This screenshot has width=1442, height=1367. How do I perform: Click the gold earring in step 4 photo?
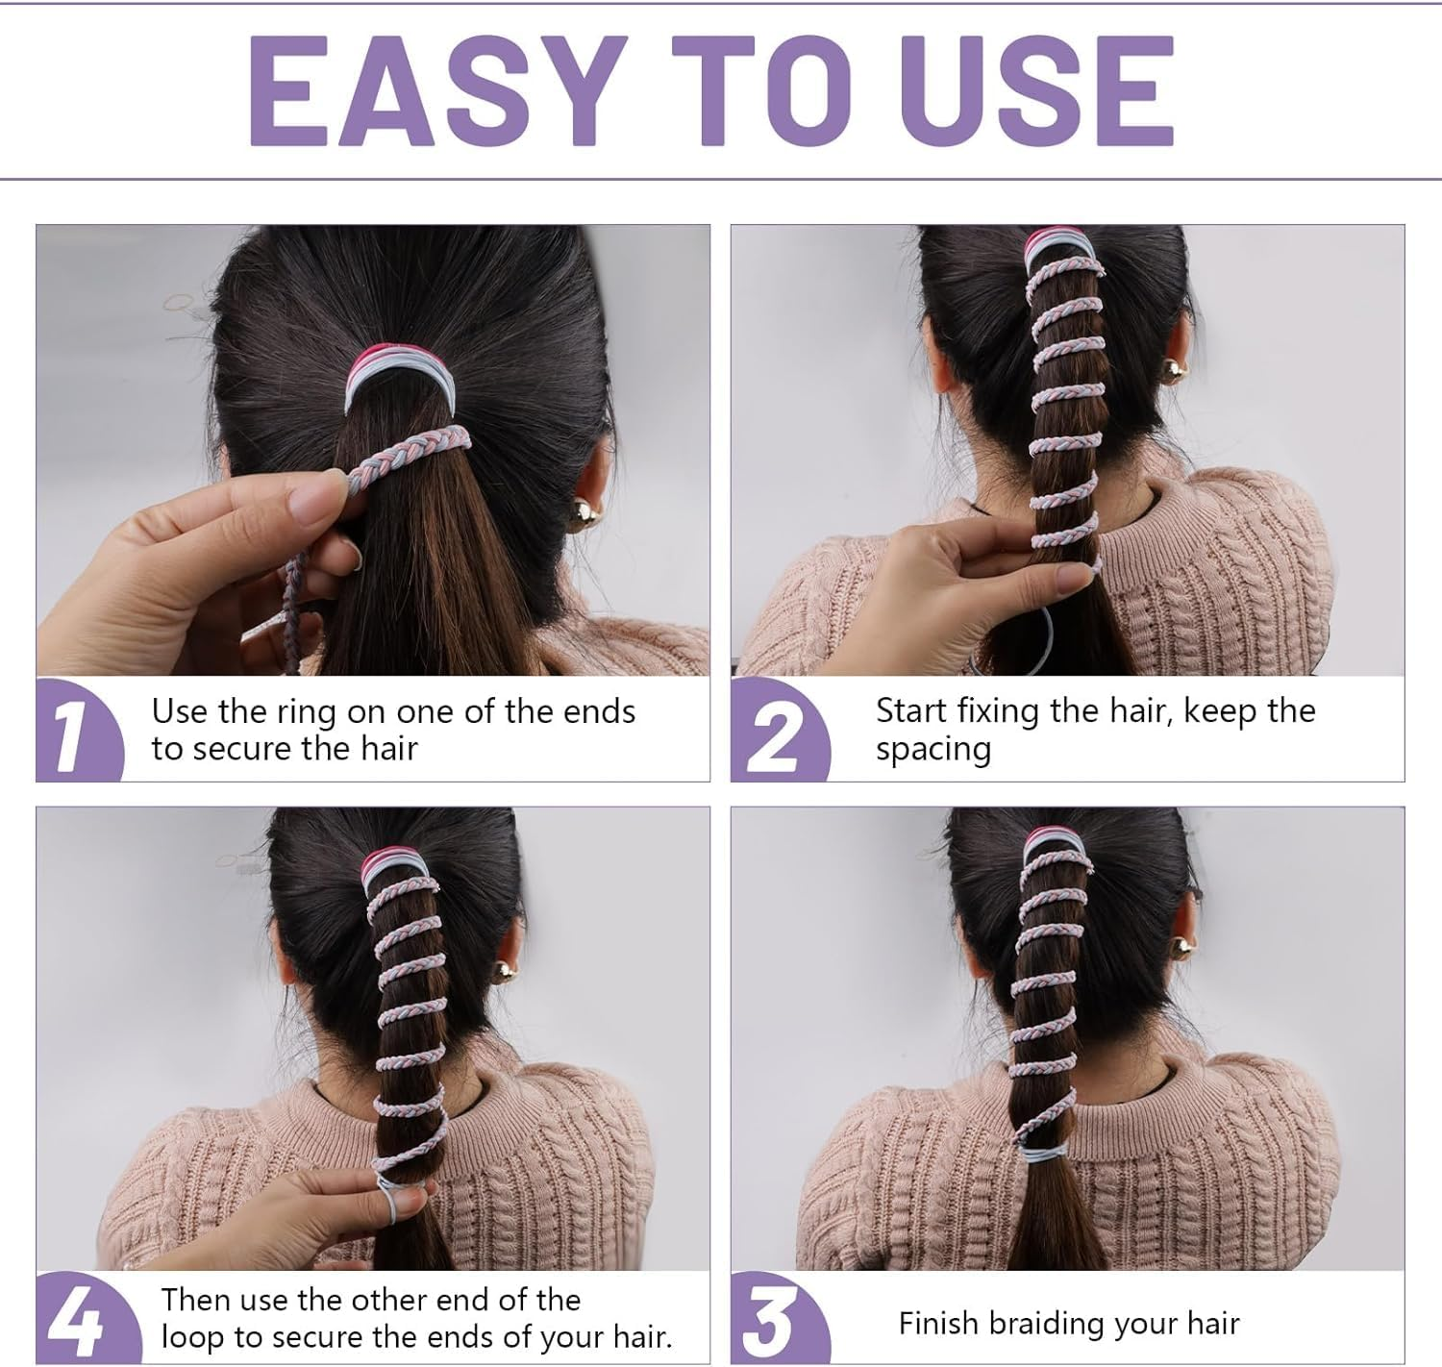[x=501, y=973]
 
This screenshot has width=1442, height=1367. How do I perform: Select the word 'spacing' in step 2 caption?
[x=932, y=750]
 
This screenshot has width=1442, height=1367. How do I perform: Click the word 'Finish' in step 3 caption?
[x=937, y=1323]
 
